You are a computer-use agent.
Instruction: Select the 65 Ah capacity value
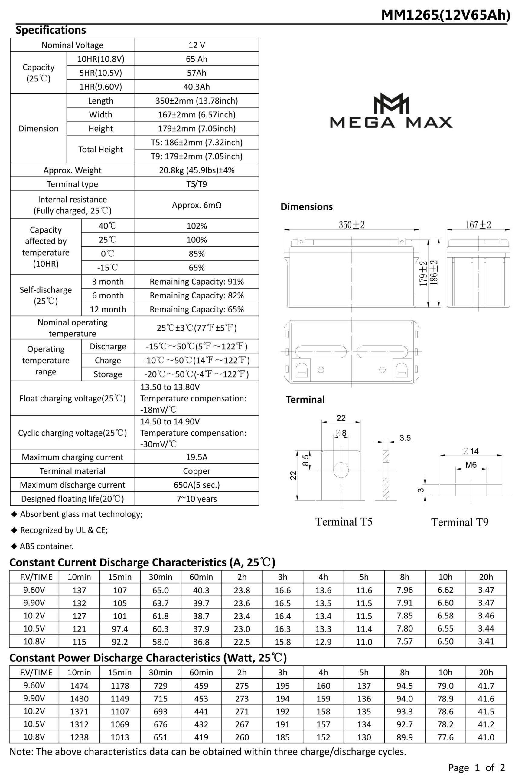click(x=197, y=59)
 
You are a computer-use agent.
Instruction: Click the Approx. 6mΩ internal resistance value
click(x=197, y=205)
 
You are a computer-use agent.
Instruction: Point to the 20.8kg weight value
click(x=197, y=170)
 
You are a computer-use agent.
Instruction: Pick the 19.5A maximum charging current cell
click(x=197, y=457)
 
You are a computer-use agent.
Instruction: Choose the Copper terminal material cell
click(x=197, y=471)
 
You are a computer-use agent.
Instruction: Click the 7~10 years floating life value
click(x=197, y=499)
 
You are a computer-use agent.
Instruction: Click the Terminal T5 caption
click(x=344, y=522)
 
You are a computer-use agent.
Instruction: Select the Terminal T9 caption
click(x=460, y=522)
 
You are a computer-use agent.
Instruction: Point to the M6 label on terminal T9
click(x=471, y=465)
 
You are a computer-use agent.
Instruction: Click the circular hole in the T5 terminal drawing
click(x=341, y=470)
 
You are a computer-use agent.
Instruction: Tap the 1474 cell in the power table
click(x=79, y=686)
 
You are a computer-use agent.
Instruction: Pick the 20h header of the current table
click(x=486, y=577)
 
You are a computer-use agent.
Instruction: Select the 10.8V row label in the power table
click(x=34, y=737)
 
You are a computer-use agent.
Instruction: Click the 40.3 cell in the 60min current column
click(x=201, y=590)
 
